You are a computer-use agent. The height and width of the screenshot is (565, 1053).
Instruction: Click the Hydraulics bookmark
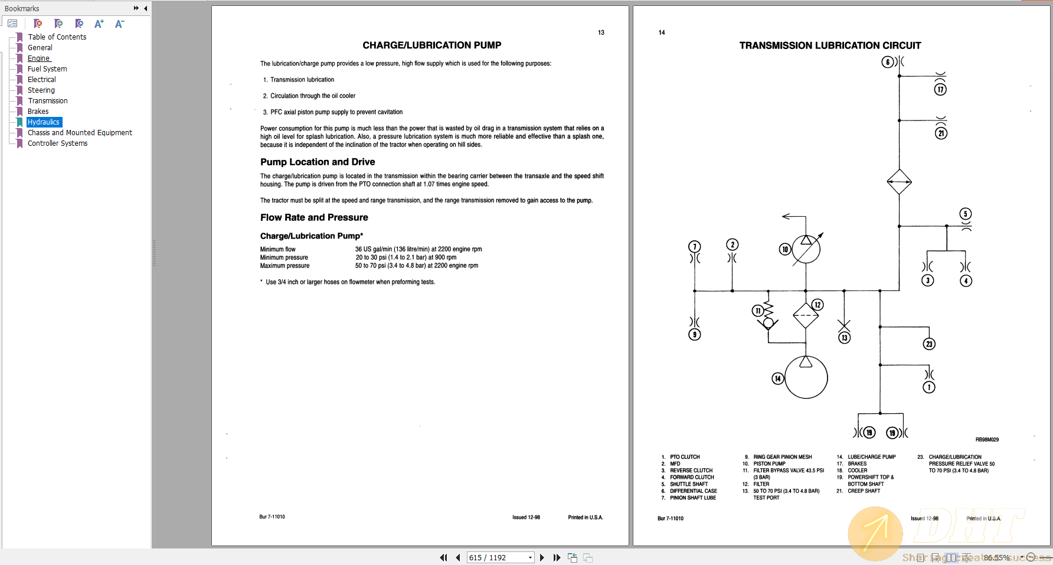tap(44, 122)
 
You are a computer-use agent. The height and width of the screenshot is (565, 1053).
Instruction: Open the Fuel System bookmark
tap(47, 69)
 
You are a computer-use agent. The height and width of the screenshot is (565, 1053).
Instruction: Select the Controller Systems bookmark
tap(57, 143)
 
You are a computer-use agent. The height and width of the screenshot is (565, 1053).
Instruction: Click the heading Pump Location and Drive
tap(318, 162)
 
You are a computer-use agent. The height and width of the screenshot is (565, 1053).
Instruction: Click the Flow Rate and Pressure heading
tap(314, 217)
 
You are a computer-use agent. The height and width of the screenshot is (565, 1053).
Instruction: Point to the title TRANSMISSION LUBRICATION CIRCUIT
tap(830, 45)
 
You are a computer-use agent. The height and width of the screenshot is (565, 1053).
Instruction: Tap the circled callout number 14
tap(778, 378)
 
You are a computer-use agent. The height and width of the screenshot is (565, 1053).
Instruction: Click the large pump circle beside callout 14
tap(806, 378)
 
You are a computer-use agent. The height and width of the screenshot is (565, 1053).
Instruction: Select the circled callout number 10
tap(785, 249)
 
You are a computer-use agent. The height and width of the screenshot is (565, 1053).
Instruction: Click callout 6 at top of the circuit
tap(888, 62)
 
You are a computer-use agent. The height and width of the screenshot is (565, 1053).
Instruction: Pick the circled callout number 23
tap(929, 344)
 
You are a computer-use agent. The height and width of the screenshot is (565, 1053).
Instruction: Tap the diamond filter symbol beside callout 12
tap(806, 316)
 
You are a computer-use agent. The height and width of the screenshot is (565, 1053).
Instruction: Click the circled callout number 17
tap(940, 89)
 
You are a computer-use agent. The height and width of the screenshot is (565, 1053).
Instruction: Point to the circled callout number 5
tap(966, 214)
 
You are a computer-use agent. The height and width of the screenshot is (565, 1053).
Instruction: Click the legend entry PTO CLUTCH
tap(685, 457)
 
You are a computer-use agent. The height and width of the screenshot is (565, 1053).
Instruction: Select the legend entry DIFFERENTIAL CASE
tap(694, 491)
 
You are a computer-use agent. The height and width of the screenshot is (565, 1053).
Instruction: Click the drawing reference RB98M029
tap(987, 440)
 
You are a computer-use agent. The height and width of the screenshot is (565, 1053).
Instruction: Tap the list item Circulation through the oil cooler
tap(313, 96)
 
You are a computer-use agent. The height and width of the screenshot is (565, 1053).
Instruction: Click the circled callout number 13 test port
tap(845, 338)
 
